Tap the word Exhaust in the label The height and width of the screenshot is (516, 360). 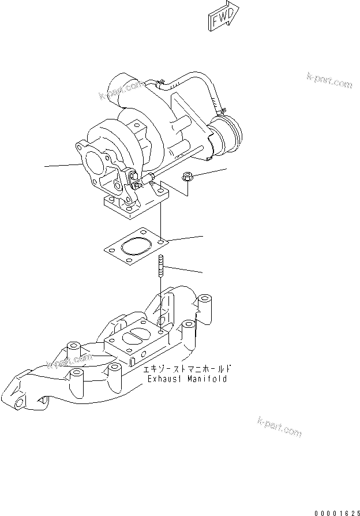click(164, 379)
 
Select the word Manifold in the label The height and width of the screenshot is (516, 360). click(207, 379)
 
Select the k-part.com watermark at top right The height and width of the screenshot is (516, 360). click(329, 81)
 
